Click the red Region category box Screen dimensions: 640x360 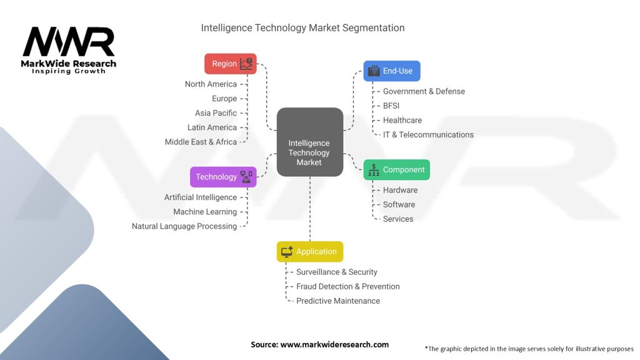(x=231, y=64)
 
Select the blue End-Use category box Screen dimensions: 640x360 (x=392, y=71)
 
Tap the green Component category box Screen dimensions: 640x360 (x=397, y=170)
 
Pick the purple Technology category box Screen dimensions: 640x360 (x=223, y=177)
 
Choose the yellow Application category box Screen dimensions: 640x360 (x=310, y=251)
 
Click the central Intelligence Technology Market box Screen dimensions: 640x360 (x=310, y=142)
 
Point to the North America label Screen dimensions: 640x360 (x=211, y=84)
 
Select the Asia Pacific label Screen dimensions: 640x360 (x=216, y=113)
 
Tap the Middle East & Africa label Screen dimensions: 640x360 (x=201, y=142)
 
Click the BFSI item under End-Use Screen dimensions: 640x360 (x=391, y=106)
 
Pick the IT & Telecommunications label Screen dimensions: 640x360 (x=428, y=135)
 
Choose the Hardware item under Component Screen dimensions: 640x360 (x=400, y=190)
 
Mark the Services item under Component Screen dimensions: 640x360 (x=398, y=219)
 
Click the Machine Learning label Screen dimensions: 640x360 (x=205, y=212)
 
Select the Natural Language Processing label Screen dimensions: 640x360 (x=184, y=226)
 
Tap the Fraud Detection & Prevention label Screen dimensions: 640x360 (x=347, y=286)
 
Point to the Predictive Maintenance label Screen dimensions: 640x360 (x=338, y=301)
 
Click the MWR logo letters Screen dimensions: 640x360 (x=69, y=42)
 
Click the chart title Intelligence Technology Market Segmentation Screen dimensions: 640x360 (x=303, y=27)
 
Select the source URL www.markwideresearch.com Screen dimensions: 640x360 (x=334, y=344)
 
